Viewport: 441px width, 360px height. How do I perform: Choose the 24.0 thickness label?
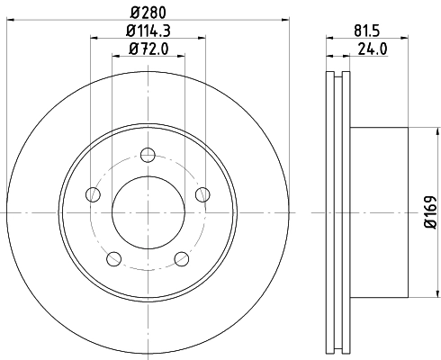[365, 50]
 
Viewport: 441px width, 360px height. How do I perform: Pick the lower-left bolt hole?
[113, 259]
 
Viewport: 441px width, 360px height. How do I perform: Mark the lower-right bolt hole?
[183, 259]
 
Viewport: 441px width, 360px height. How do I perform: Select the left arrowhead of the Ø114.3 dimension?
[94, 39]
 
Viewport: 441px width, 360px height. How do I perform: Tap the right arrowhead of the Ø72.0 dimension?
[182, 57]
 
